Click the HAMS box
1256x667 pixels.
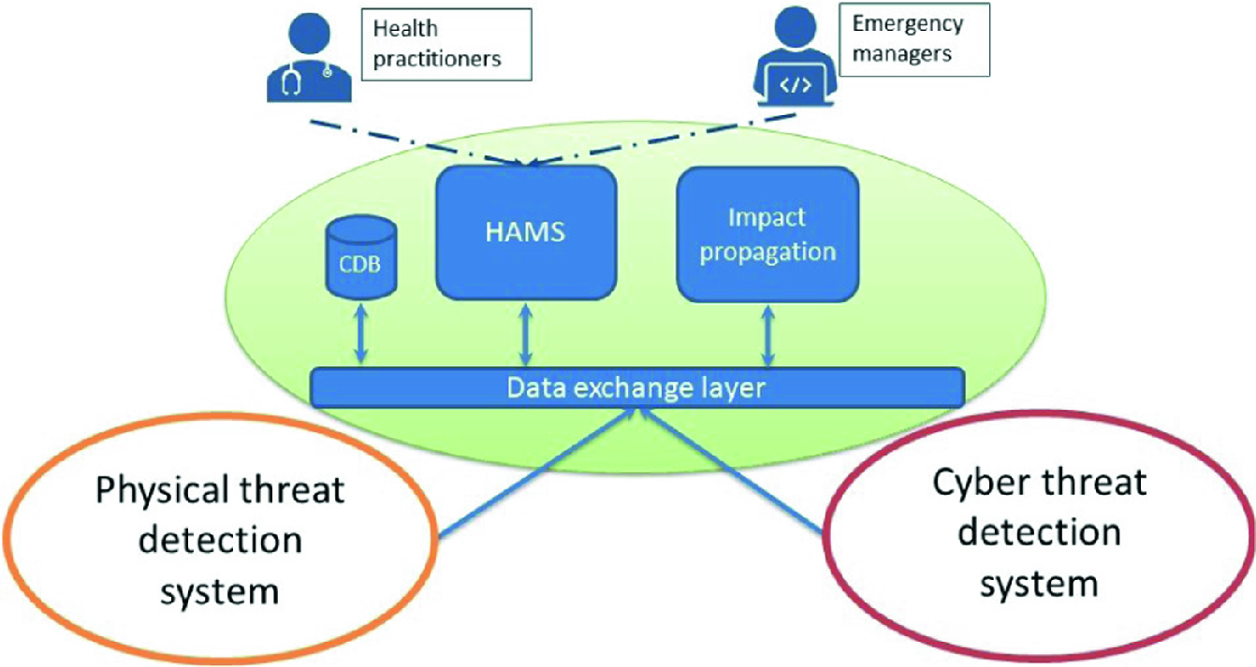tap(526, 232)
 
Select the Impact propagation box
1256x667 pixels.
tap(767, 234)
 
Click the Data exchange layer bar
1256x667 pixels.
tap(636, 387)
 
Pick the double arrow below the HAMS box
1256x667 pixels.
tap(527, 333)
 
